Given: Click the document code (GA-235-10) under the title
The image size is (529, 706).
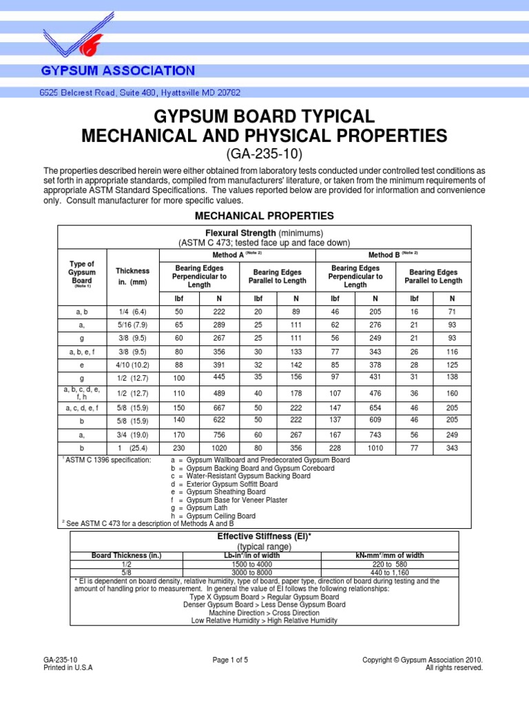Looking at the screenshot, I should [x=264, y=153].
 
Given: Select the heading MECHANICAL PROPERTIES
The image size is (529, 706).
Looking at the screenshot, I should [x=264, y=216].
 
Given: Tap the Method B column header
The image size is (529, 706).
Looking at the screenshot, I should [x=393, y=255].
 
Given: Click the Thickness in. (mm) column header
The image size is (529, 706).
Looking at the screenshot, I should [x=132, y=276].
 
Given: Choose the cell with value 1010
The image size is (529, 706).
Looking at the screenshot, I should [x=375, y=447].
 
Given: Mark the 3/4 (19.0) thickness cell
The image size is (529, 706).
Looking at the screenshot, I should [x=132, y=434].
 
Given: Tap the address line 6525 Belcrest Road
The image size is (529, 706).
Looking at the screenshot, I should [x=139, y=92].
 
